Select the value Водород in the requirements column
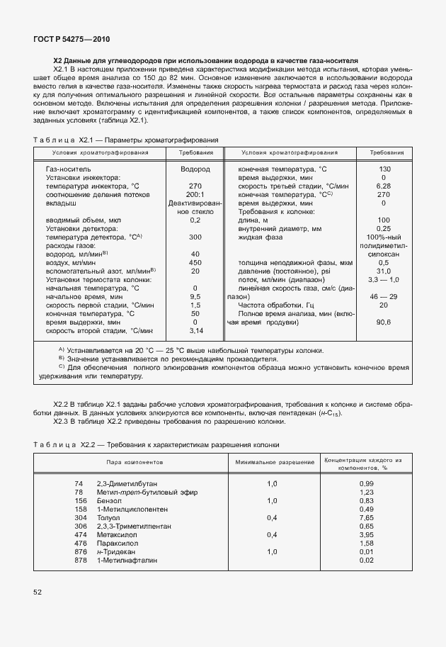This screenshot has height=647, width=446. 195,170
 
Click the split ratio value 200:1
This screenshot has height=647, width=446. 195,193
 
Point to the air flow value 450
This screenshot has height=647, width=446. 195,263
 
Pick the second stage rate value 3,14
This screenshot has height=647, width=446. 195,331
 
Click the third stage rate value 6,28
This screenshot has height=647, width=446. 384,186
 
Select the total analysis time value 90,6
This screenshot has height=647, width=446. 384,322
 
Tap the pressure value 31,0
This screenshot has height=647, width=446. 384,271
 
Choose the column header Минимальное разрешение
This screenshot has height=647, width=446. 272,461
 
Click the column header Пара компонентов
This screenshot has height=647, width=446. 130,461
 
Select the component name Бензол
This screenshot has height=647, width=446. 109,500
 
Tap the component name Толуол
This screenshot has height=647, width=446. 109,517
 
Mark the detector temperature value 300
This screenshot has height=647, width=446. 195,237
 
